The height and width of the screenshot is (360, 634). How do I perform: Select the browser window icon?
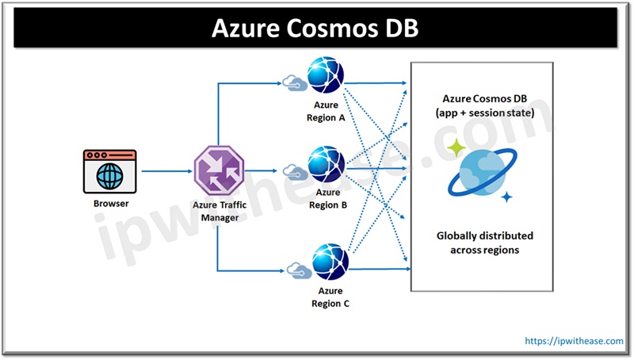tap(109, 170)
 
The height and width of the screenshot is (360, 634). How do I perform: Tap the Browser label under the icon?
tap(109, 204)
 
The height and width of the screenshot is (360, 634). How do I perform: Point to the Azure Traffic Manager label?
tap(217, 211)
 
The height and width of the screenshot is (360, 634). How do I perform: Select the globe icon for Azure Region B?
tap(327, 163)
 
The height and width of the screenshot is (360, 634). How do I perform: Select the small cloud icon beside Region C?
tap(296, 270)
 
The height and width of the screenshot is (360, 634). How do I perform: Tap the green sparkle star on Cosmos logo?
tap(456, 148)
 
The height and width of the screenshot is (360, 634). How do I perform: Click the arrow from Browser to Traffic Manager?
tap(165, 170)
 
